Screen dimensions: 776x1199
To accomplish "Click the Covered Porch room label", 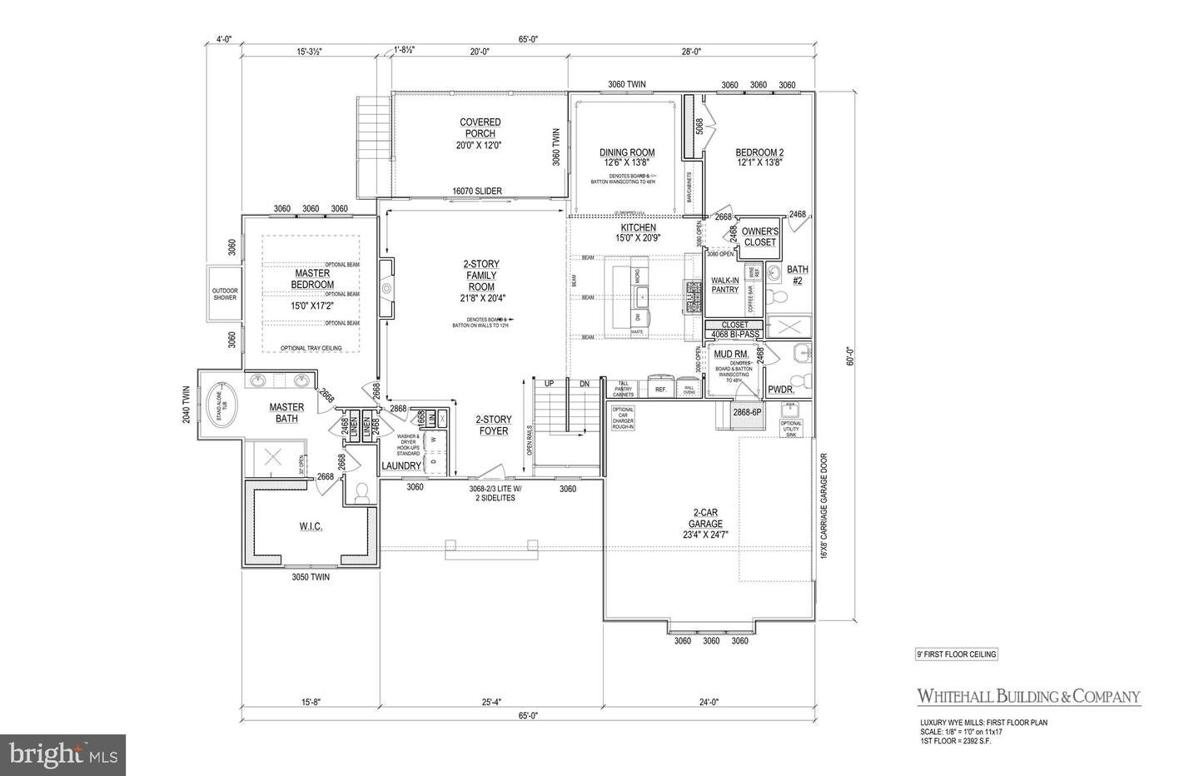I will point(480,133).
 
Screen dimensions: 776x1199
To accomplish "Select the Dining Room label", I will point(627,158).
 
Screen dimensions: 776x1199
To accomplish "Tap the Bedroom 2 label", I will point(759,158).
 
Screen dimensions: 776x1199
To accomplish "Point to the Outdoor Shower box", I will point(224,293).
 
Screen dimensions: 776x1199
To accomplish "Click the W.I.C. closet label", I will point(310,527).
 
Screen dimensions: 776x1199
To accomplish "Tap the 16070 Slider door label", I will point(477,192).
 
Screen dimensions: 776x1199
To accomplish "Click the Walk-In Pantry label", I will point(724,285).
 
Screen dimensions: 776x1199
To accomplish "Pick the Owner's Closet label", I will point(759,236).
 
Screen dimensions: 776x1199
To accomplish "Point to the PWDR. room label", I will point(779,390).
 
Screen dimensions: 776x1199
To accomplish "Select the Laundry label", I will point(401,465).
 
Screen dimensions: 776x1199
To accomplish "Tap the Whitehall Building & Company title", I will point(1028,696).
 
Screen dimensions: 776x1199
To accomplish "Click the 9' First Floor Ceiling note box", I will point(951,654).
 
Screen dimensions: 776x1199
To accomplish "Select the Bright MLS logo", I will point(62,755).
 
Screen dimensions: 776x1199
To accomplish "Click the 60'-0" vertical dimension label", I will point(850,356).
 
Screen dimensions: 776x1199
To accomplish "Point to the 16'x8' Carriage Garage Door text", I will point(824,505).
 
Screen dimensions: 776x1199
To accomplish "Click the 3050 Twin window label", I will point(310,577).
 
